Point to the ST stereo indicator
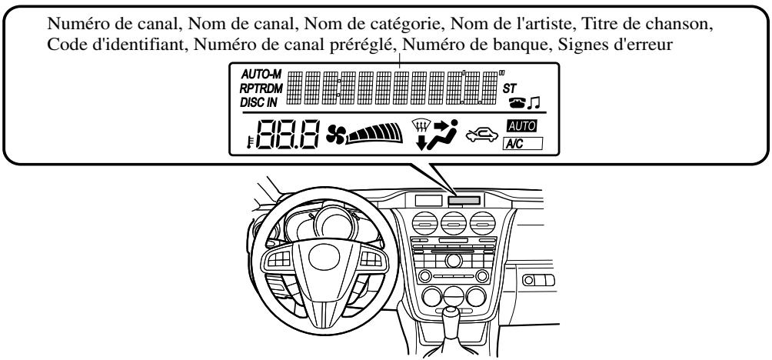511,88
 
